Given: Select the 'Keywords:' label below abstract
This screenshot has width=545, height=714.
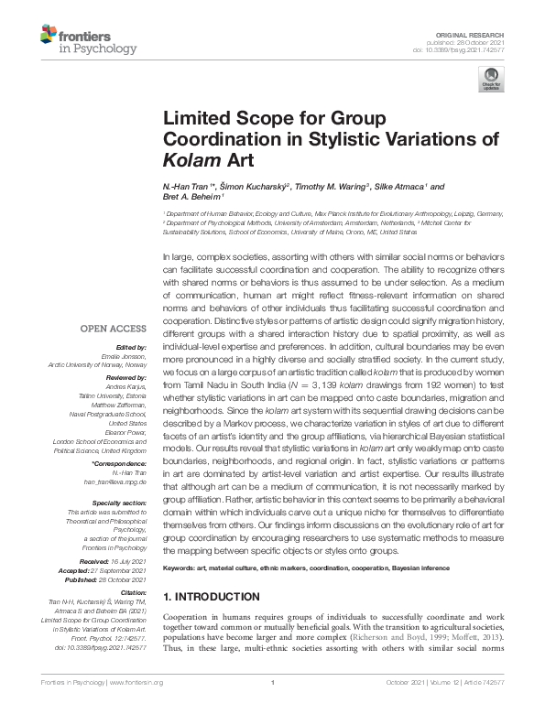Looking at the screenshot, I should point(182,568).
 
